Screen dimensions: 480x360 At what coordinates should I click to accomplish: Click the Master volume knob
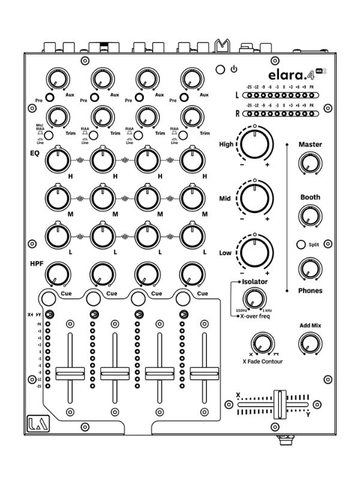coord(310,162)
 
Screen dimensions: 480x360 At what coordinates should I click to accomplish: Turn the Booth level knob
coord(310,215)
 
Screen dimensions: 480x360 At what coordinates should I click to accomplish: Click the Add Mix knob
coord(310,343)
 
